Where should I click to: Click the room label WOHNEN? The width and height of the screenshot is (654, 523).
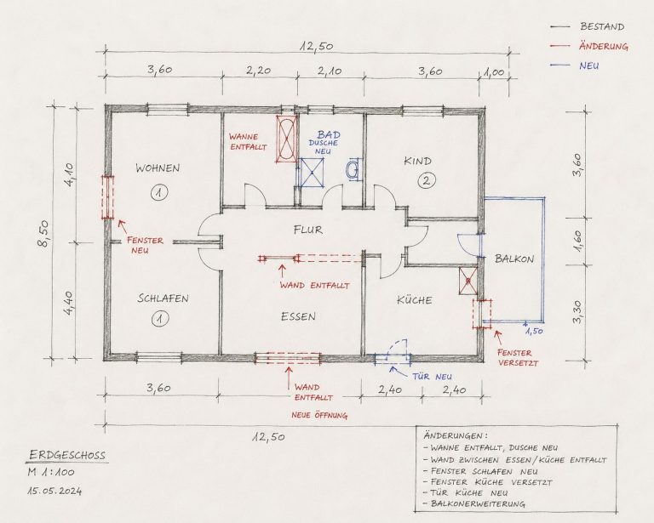coord(158,168)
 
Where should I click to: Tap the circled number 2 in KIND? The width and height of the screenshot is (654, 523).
coord(427,180)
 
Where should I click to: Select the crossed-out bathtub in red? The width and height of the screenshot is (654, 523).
coord(287,139)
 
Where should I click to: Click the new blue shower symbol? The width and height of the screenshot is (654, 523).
coord(312,173)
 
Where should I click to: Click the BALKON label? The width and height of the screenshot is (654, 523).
coord(514,259)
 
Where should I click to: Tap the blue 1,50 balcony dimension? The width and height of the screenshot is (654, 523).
coord(533,332)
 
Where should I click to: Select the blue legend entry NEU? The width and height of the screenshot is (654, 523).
coord(589,65)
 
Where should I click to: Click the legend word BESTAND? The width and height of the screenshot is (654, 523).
coord(602,26)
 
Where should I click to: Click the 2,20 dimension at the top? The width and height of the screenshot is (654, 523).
coord(258,71)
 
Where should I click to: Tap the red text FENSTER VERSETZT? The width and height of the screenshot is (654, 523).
coord(518,358)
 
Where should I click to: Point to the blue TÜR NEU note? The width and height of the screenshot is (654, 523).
coord(432,378)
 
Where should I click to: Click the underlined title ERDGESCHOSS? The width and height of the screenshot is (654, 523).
coord(67,455)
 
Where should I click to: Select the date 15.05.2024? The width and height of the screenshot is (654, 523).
coord(54,492)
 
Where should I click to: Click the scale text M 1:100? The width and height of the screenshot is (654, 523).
coord(51,472)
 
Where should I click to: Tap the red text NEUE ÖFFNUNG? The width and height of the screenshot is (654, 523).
coord(319,415)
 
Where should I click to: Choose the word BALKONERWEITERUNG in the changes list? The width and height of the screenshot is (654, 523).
coord(478,503)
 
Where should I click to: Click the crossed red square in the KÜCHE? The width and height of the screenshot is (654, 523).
coord(468,281)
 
